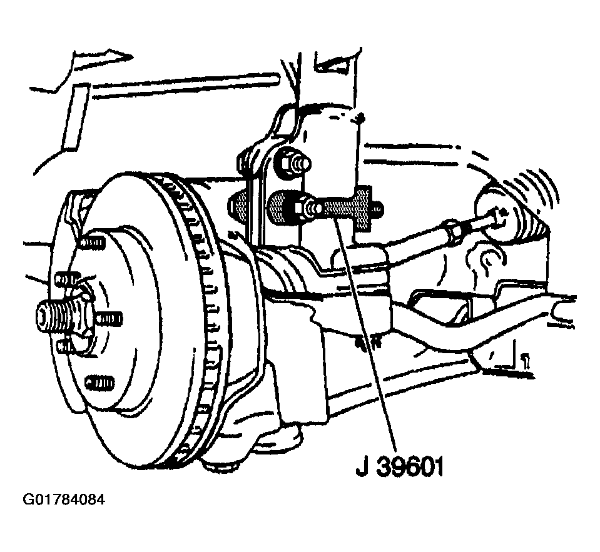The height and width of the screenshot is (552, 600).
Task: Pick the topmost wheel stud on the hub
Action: [92, 243]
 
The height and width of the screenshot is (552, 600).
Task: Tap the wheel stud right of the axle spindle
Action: [109, 318]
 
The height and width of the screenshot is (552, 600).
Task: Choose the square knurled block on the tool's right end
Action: [364, 209]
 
